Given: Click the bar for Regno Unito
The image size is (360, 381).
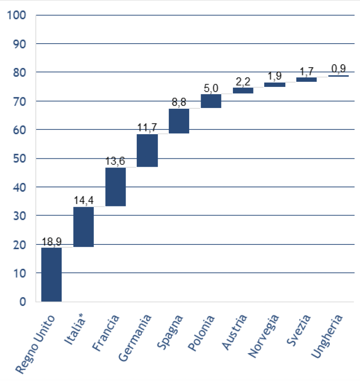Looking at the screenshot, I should point(51,274).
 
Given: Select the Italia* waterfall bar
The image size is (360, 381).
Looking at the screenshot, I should point(83,227).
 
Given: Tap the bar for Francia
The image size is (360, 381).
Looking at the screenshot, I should point(115,187).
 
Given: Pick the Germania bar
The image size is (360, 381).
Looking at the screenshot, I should point(147,150).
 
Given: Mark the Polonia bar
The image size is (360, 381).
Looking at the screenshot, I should point(211,101).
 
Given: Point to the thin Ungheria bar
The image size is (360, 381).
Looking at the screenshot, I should point(339,76).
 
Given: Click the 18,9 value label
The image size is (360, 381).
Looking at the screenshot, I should point(51,242).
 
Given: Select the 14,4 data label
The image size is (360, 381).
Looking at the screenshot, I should point(83,201).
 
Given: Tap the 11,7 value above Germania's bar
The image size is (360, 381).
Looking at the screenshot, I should point(147,128).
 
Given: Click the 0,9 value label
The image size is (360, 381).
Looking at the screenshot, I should point(339,69).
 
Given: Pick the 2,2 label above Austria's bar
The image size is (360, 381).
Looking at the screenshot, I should point(243,82).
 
